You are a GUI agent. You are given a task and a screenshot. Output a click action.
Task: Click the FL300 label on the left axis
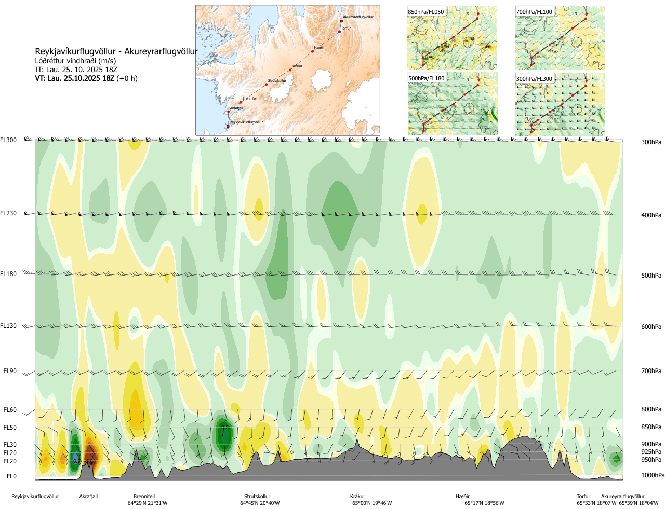click(x=8, y=140)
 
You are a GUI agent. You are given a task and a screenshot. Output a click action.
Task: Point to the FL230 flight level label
click(x=8, y=213)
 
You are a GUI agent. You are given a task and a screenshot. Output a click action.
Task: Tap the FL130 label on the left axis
click(x=8, y=326)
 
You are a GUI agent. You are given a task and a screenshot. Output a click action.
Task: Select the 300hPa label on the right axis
click(x=651, y=142)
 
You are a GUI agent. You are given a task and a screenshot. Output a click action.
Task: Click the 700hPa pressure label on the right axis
click(x=651, y=371)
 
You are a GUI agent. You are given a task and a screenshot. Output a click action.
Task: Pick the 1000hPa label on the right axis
click(x=653, y=475)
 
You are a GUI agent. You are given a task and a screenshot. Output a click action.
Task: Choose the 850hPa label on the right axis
click(x=651, y=427)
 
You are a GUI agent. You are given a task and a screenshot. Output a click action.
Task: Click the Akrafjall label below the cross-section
click(x=88, y=497)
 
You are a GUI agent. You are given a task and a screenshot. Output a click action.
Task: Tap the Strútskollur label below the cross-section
click(x=257, y=497)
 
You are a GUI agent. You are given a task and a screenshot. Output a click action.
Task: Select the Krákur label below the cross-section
click(x=357, y=497)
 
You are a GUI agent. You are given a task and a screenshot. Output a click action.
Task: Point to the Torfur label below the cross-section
click(x=583, y=497)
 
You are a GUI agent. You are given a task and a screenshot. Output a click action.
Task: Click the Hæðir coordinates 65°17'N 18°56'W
click(x=484, y=503)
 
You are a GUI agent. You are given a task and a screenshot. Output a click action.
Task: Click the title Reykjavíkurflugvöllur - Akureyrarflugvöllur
click(x=116, y=52)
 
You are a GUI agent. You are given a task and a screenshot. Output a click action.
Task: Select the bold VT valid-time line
click(x=86, y=78)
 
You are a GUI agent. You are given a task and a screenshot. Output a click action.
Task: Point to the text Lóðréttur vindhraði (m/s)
click(x=75, y=61)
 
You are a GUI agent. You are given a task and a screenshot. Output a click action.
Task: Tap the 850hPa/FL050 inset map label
click(x=426, y=12)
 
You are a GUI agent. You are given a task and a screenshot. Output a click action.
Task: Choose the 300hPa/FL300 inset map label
click(x=534, y=79)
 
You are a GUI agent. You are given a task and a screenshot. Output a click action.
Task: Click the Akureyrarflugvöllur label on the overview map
click(x=358, y=17)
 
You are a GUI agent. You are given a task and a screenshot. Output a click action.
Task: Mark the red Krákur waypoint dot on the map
click(x=290, y=70)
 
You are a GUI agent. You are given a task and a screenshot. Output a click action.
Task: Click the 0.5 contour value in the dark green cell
click(x=225, y=428)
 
